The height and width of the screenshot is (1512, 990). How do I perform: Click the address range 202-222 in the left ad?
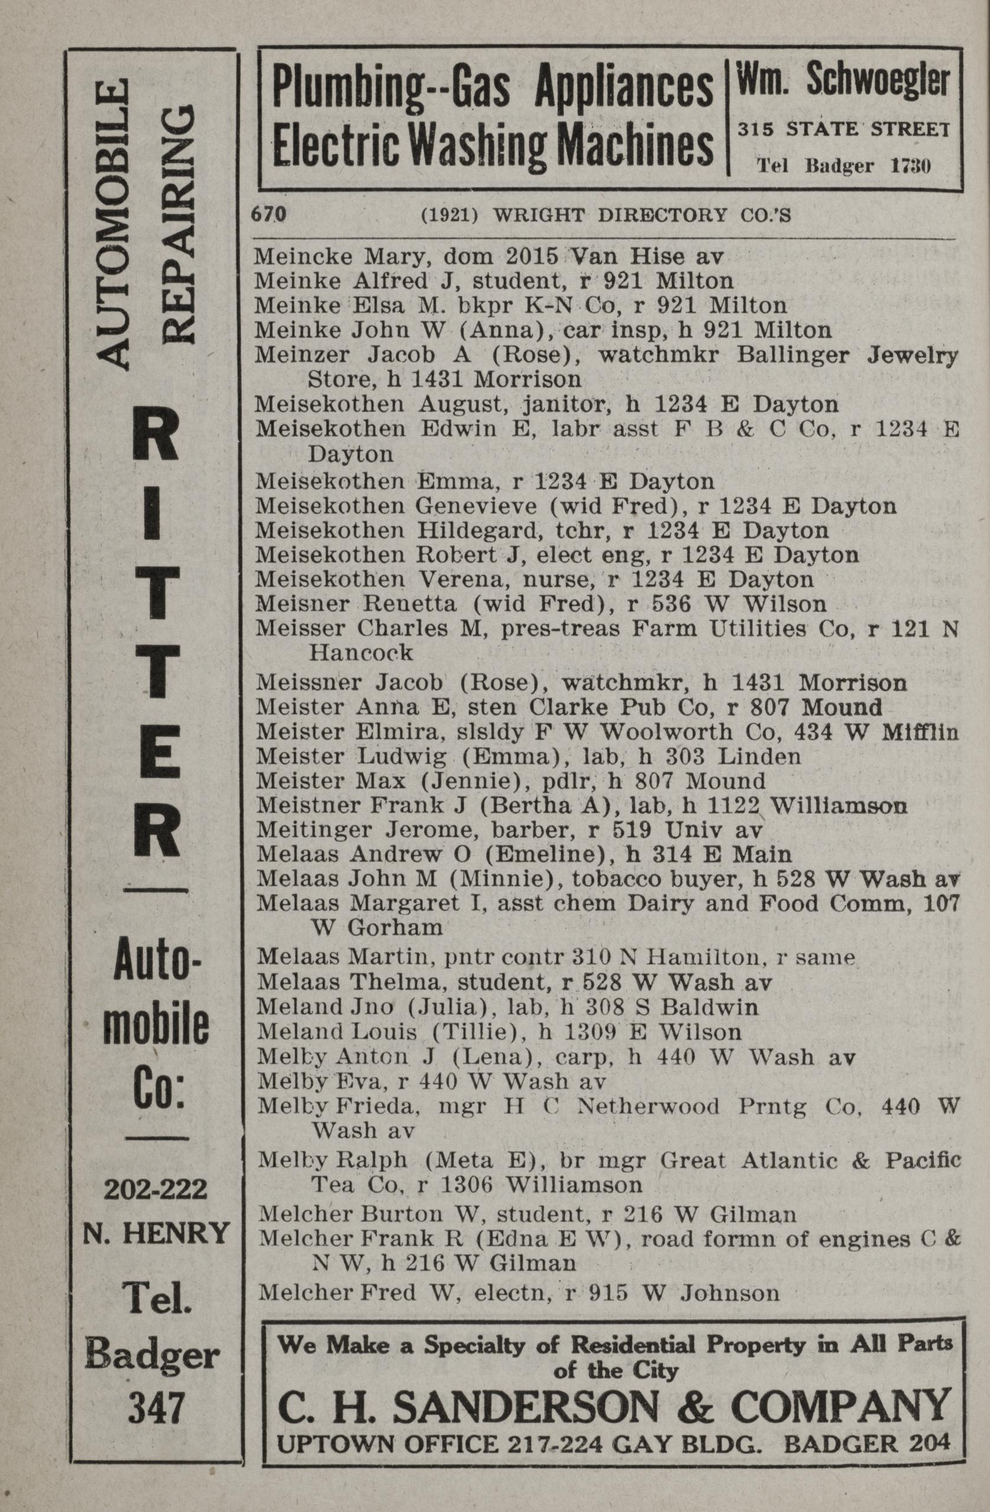[x=155, y=1189]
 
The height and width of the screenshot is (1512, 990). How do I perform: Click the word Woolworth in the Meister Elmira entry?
[x=658, y=732]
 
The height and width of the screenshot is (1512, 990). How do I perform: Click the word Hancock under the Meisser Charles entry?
[x=361, y=652]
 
